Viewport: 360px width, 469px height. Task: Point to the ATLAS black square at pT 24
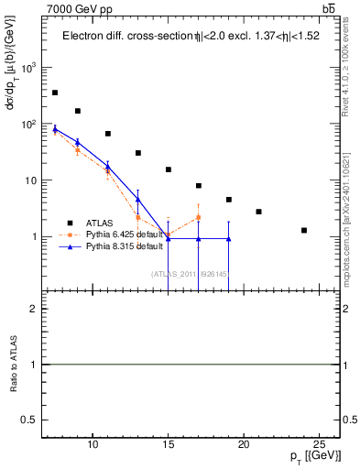pos(304,230)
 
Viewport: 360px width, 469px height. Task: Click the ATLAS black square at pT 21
pos(259,212)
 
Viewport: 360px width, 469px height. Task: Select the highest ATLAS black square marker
pos(55,93)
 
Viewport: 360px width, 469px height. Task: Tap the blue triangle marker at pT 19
pos(229,239)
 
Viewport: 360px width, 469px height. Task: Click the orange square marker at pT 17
pos(199,217)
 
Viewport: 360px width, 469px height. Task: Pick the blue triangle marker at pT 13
pos(138,199)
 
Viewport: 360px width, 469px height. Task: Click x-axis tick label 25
pos(319,445)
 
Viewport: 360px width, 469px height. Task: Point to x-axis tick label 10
pos(93,445)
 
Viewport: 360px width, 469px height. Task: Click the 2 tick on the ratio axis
pos(36,309)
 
